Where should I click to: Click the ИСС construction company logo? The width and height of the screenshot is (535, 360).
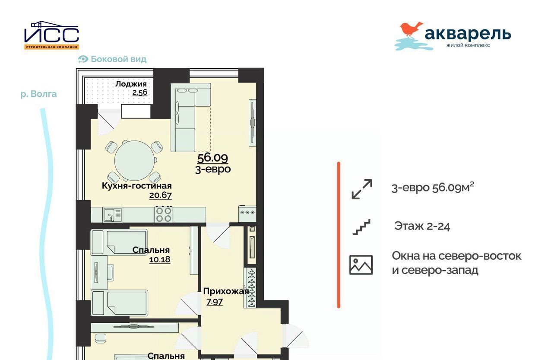(x=51, y=35)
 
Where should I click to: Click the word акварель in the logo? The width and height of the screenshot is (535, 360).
(x=468, y=34)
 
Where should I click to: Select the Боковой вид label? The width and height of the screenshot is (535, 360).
(x=118, y=59)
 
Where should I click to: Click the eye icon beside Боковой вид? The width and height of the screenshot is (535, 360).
(x=83, y=59)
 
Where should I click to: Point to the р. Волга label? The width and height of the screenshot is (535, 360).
(x=39, y=94)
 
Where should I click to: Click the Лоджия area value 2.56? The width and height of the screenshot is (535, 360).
(x=140, y=92)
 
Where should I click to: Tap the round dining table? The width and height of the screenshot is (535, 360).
(x=135, y=160)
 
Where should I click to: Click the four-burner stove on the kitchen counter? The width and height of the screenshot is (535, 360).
(x=163, y=214)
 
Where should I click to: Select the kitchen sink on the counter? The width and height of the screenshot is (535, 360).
(x=113, y=214)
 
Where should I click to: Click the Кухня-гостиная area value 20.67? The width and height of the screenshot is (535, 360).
(x=161, y=195)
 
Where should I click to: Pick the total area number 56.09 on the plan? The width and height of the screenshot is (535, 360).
(x=212, y=158)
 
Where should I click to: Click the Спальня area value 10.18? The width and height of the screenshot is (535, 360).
(x=159, y=259)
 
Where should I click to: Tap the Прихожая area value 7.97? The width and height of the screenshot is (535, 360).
(x=215, y=302)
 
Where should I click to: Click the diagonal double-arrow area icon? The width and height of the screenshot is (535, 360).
(x=362, y=189)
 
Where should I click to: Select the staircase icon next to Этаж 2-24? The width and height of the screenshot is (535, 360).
(x=361, y=227)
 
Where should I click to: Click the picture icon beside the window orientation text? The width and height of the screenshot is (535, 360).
(x=361, y=265)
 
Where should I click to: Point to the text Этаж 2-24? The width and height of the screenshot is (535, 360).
(x=422, y=226)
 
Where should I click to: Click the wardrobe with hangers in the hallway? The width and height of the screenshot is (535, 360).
(x=250, y=287)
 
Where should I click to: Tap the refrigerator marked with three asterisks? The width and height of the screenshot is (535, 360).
(x=247, y=213)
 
